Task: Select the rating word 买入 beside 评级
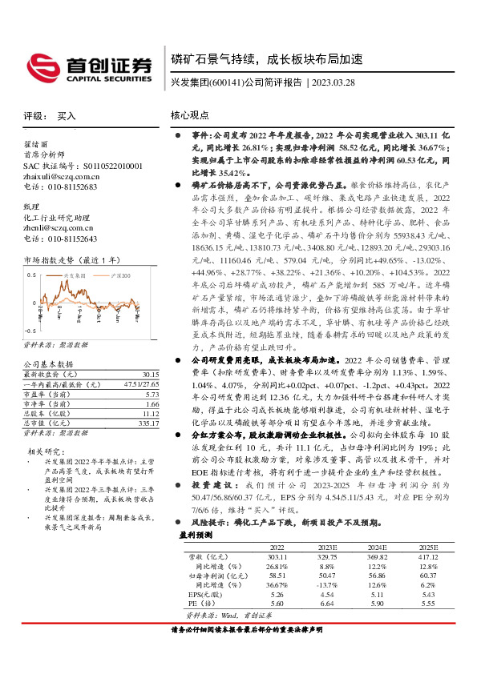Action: [x=67, y=116]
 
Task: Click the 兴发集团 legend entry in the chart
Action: [x=76, y=275]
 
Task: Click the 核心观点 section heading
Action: [x=190, y=116]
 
